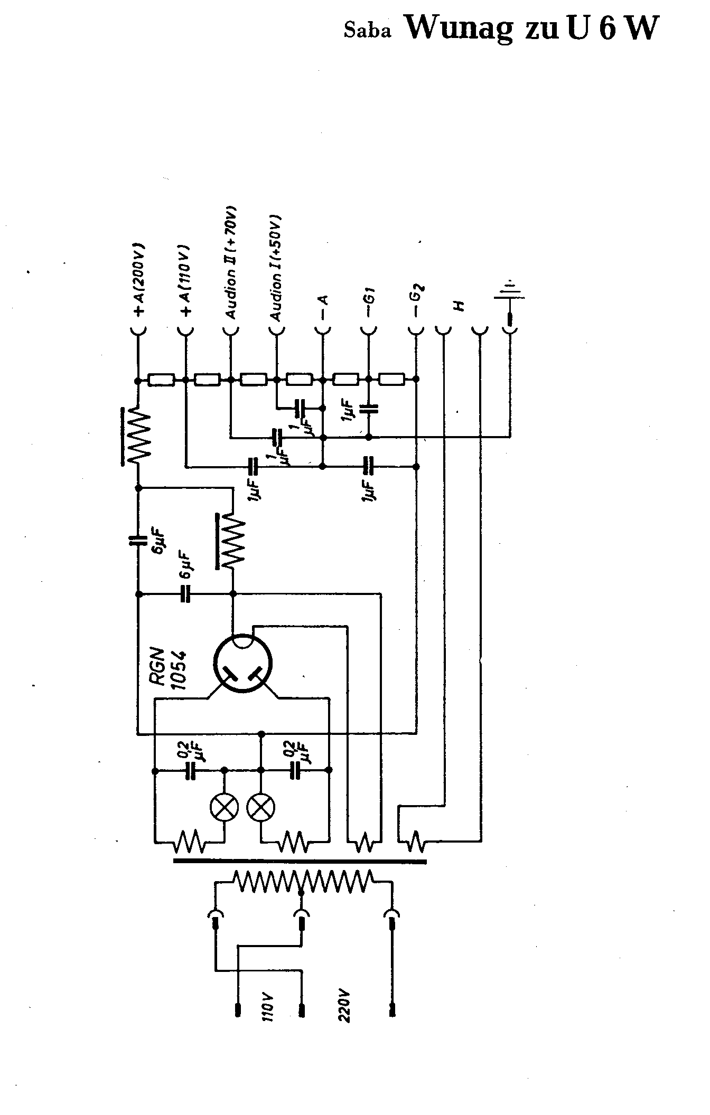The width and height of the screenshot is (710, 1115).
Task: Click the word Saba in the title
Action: click(x=368, y=31)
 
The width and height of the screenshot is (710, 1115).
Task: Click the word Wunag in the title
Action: click(x=459, y=27)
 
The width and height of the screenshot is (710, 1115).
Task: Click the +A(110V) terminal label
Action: click(x=185, y=280)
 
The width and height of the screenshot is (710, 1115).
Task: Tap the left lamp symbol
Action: click(x=224, y=807)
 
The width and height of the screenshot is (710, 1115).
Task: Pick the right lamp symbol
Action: click(x=261, y=807)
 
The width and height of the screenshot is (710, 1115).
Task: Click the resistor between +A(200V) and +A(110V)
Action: click(x=161, y=380)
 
